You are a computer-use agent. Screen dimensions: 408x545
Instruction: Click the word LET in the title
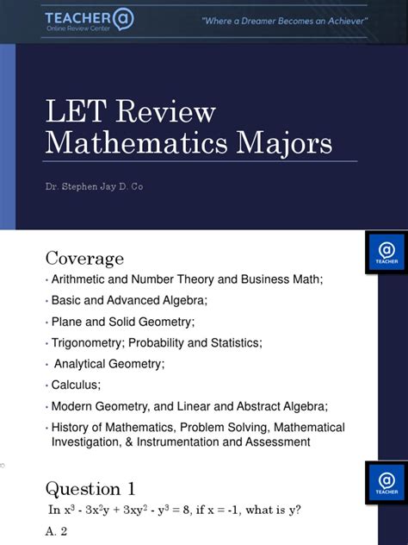point(74,111)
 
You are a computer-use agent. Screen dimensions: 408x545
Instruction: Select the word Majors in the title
point(281,141)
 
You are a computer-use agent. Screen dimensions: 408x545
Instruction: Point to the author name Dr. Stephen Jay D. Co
point(94,186)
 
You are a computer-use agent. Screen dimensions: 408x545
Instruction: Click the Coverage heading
point(84,258)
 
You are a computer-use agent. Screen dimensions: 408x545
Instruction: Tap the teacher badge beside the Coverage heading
point(386,252)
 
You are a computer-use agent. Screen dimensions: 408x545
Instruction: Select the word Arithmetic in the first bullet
point(78,279)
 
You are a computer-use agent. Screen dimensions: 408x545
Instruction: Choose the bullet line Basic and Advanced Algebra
point(129,300)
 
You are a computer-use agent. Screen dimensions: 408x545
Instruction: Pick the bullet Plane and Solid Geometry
point(122,321)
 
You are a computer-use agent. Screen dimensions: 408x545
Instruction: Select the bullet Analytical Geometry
point(109,363)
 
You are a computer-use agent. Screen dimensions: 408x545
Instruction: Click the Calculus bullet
point(76,385)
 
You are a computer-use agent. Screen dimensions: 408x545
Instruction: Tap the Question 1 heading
point(90,488)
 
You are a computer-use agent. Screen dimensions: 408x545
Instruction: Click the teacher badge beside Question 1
point(386,482)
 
